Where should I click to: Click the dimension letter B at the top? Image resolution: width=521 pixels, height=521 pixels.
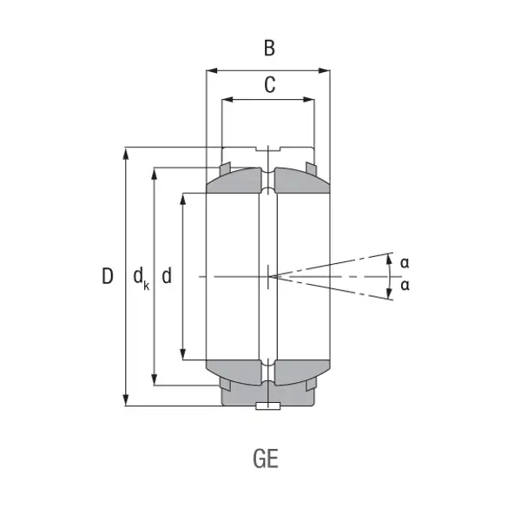269,48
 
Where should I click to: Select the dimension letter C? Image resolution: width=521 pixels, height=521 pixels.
270,85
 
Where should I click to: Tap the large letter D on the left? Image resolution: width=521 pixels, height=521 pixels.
108,276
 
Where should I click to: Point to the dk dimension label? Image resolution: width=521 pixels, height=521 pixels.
141,279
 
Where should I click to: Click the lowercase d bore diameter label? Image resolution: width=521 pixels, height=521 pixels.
167,276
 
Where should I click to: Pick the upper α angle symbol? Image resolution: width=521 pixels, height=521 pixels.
405,263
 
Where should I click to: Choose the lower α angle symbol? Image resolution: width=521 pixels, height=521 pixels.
405,286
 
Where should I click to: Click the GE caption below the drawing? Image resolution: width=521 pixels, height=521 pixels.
266,458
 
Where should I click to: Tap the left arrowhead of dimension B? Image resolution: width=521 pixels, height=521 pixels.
212,70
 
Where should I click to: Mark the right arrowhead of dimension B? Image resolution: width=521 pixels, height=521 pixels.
324,70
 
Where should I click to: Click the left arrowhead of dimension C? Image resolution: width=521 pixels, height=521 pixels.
228,99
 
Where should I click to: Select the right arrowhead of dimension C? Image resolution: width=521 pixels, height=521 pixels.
308,99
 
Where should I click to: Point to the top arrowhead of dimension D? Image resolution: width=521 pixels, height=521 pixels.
126,155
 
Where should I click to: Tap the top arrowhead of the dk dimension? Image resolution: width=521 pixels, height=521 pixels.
154,175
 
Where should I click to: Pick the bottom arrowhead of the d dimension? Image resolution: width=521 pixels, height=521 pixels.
182,354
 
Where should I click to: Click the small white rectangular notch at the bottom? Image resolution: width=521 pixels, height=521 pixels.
267,406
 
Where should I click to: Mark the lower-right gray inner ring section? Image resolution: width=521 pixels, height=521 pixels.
300,372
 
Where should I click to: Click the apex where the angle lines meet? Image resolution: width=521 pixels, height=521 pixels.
270,276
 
